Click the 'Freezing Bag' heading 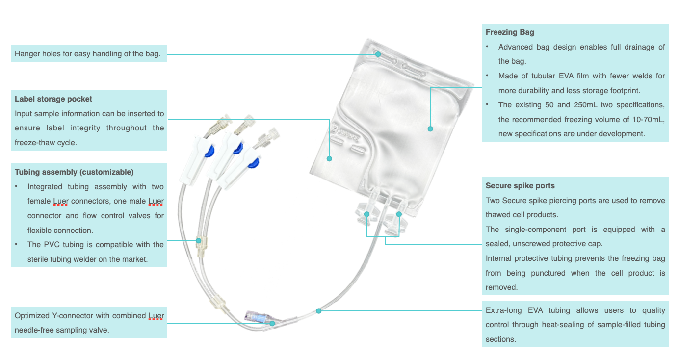pos(510,32)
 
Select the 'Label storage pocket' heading pos(53,99)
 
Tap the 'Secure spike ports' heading pos(520,186)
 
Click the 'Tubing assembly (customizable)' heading pos(74,172)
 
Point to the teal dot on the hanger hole pos(378,54)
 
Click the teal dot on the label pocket pos(330,158)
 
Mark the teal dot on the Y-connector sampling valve pos(272,324)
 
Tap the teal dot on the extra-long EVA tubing pos(318,311)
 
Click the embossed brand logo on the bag pos(345,133)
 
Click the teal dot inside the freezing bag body pos(430,129)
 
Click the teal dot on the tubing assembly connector pos(199,241)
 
